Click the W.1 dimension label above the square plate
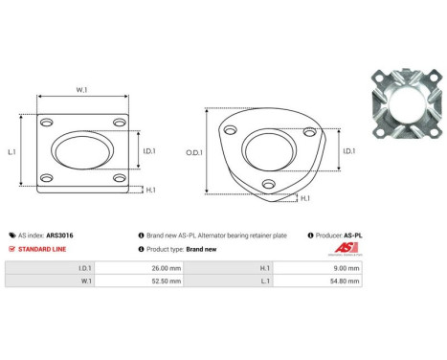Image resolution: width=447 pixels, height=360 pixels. (x=81, y=91)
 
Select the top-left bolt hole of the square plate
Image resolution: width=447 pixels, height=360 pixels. (x=45, y=124)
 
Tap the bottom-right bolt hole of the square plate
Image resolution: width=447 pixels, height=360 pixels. (x=118, y=179)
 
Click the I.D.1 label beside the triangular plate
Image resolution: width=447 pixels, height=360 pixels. (x=347, y=150)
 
